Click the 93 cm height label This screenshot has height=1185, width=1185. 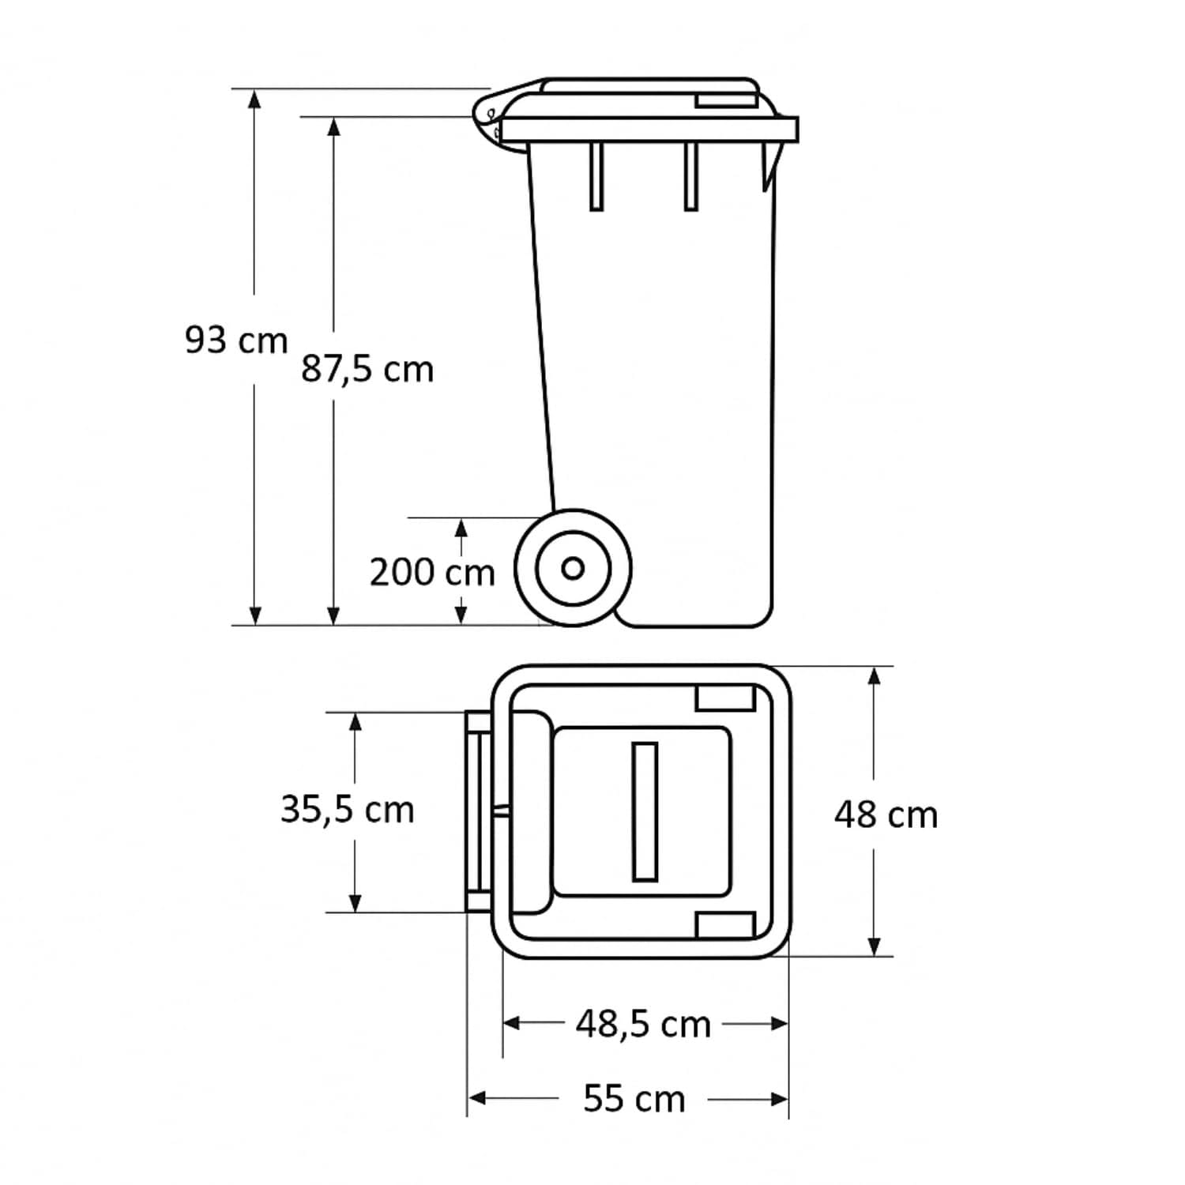235,340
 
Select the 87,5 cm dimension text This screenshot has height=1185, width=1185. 367,369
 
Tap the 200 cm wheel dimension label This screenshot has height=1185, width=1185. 432,572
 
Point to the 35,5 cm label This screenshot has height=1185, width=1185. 348,810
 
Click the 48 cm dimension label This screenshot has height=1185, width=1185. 886,814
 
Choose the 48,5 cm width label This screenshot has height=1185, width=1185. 643,1025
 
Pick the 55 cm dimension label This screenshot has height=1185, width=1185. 634,1099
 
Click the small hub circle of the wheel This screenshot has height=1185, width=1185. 573,568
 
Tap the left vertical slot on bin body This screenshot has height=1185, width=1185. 596,176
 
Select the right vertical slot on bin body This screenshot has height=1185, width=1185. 690,176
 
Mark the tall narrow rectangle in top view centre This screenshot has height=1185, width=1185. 645,811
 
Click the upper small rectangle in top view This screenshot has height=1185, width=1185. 725,698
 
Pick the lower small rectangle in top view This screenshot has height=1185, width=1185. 725,924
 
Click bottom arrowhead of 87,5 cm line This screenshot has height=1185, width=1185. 333,615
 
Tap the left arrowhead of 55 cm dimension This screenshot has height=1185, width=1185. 477,1099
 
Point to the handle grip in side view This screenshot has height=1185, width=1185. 487,118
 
